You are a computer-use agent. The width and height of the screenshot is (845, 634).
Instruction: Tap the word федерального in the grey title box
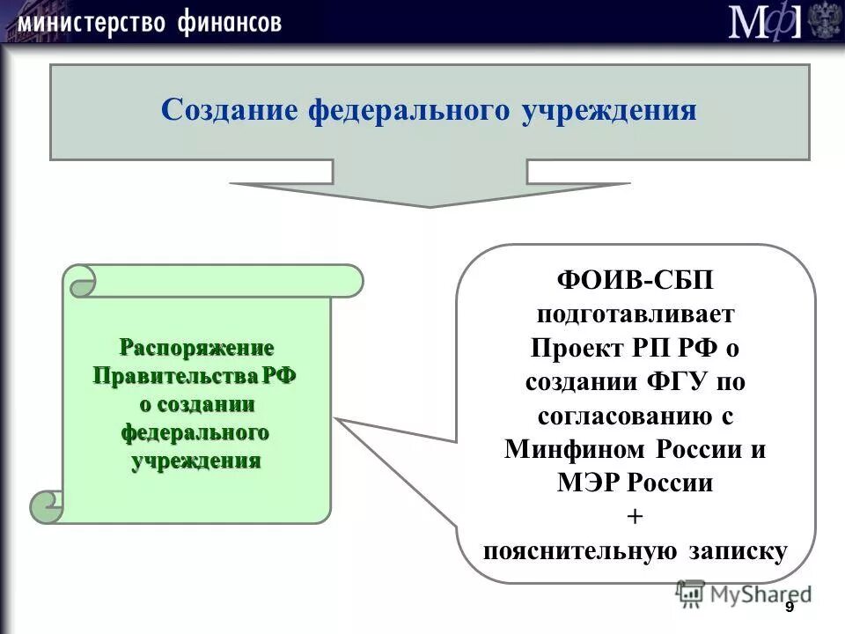point(408,111)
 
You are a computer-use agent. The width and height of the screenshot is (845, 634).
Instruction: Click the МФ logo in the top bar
point(765,22)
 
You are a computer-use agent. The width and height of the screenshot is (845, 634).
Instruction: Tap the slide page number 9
point(789,608)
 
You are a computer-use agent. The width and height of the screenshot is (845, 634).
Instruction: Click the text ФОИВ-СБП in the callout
point(635,281)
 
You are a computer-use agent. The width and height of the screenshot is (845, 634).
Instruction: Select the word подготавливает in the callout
point(635,314)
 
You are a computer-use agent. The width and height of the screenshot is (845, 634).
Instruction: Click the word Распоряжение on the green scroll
point(196,346)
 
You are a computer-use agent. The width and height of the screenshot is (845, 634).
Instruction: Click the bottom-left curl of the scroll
point(47,505)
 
